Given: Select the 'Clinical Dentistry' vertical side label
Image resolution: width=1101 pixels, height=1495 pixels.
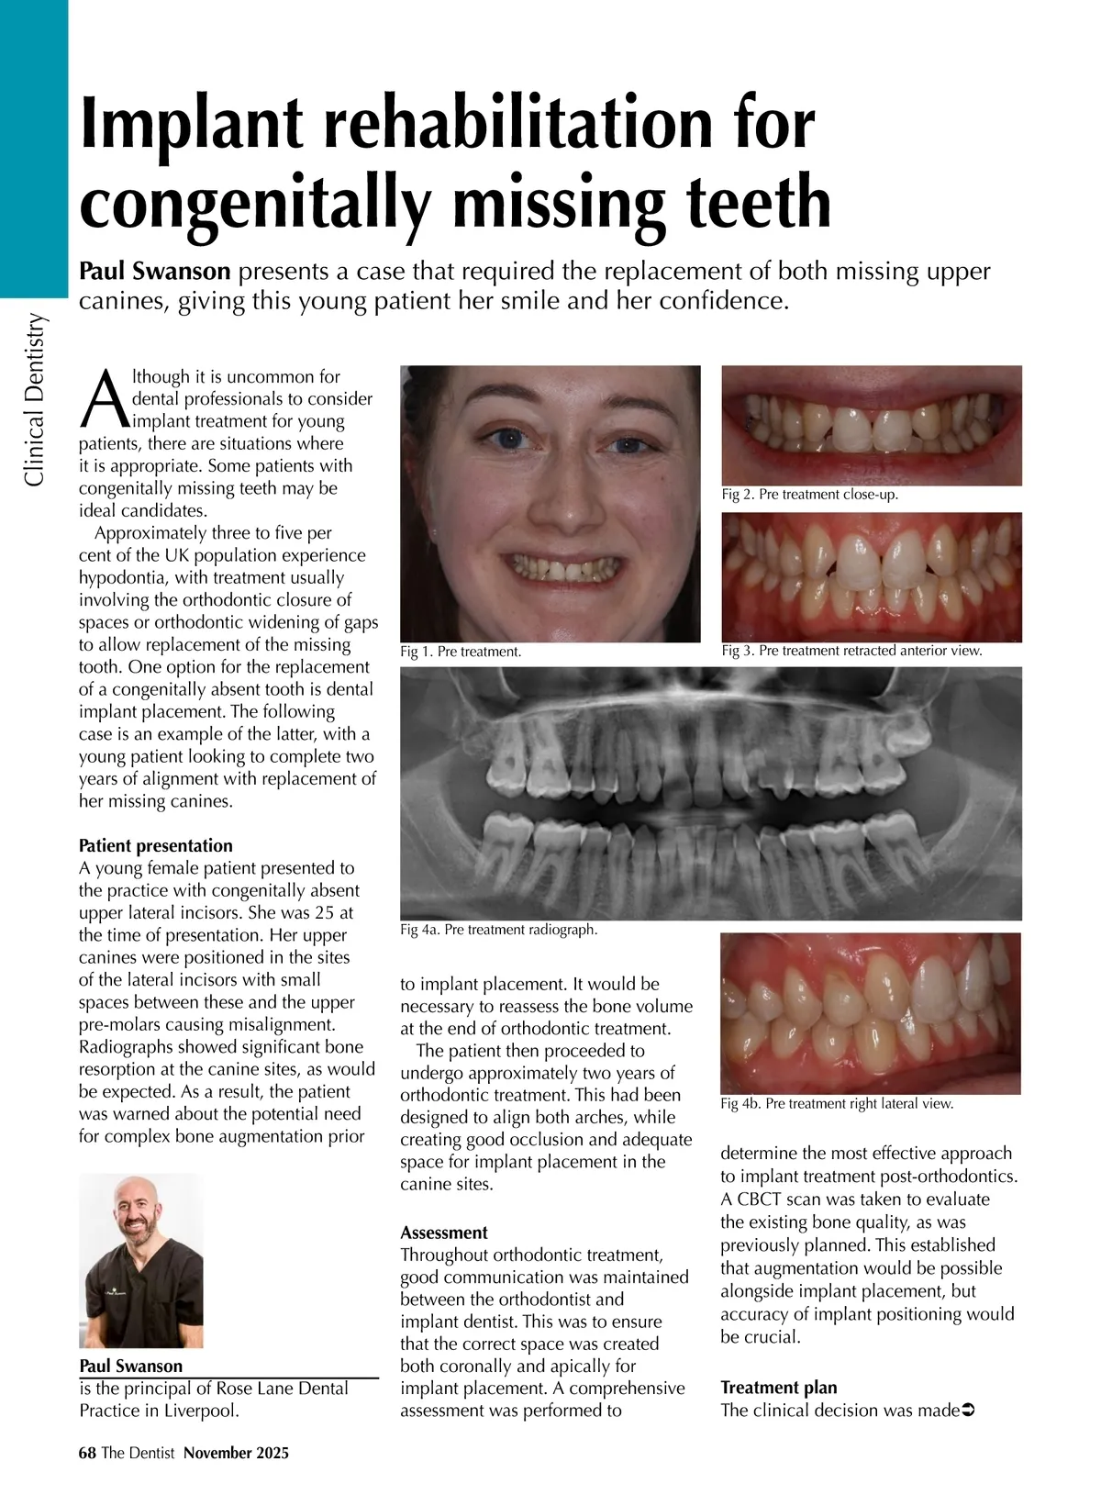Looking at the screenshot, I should [34, 399].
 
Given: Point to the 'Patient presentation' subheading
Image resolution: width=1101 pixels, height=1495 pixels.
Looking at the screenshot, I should [155, 845].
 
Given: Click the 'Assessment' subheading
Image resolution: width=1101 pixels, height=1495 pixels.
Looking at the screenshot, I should [444, 1233].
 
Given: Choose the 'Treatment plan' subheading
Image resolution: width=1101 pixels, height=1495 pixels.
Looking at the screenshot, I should [778, 1387].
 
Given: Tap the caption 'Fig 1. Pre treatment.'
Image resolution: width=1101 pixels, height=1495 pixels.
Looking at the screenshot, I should [461, 652].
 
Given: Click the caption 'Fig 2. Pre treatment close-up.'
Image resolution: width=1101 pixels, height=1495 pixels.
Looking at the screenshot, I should [809, 494].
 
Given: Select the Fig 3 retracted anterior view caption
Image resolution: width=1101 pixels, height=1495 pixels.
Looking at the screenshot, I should [851, 651].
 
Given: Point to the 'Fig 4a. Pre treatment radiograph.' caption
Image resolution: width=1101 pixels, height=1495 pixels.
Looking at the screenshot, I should [498, 930].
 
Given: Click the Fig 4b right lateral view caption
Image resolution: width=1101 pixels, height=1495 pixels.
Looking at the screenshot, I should [837, 1103].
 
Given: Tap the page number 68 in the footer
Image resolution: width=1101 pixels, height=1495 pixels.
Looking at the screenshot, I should [87, 1453].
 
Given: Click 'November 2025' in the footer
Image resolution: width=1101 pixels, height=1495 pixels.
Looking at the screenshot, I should [236, 1453].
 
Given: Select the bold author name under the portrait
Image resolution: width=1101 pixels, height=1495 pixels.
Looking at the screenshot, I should [131, 1366].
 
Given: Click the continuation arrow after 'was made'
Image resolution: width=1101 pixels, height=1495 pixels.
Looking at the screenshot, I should [965, 1410].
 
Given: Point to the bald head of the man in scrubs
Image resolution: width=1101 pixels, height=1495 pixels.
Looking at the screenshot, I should [139, 1193].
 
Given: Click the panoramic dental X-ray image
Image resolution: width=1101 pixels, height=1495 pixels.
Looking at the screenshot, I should [711, 793].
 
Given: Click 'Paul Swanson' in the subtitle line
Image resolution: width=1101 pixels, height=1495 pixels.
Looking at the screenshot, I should [154, 272].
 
